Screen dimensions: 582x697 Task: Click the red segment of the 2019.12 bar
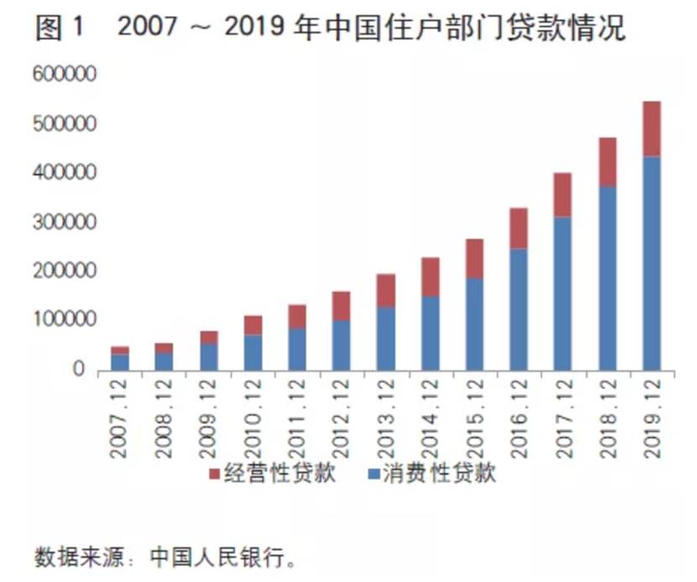(651, 128)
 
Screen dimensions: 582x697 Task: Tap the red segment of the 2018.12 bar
(607, 162)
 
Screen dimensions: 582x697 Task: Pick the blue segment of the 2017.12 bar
(563, 293)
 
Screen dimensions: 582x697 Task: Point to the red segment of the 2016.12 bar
(519, 228)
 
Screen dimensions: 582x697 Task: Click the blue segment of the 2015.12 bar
(475, 323)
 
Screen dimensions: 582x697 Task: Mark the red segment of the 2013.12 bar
(386, 290)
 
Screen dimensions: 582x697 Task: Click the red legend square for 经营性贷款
(212, 474)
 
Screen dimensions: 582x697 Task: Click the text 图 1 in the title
(60, 29)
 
